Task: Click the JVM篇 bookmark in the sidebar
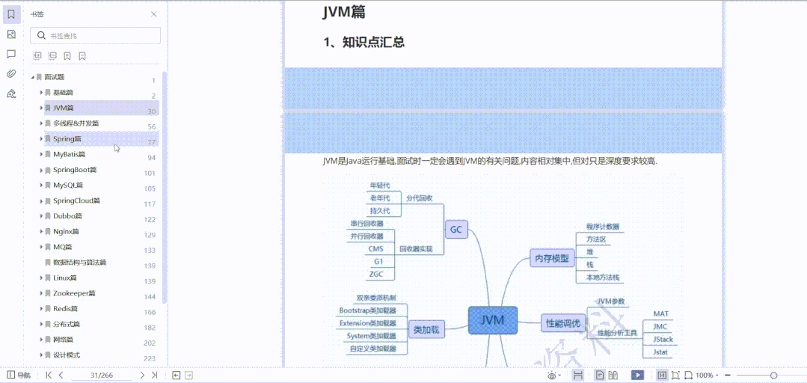63,108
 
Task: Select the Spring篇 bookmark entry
67,139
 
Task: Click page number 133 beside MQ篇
150,251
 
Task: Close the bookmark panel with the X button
154,14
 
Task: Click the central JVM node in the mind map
492,320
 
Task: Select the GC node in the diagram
456,230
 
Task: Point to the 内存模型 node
551,259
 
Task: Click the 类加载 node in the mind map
426,328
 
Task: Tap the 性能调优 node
562,323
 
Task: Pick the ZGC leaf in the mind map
376,275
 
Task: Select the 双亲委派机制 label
375,298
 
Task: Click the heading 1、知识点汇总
363,43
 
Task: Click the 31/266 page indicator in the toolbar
101,375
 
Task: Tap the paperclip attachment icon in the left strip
11,73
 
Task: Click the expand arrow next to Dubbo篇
41,216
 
